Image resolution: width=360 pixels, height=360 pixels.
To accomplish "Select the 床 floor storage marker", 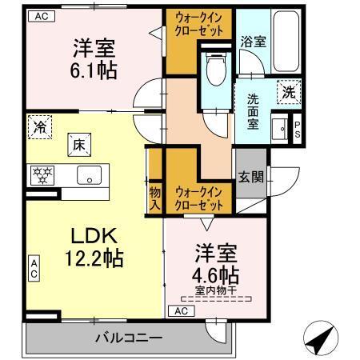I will click(79, 146).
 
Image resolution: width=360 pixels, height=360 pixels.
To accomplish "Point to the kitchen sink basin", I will click(86, 174).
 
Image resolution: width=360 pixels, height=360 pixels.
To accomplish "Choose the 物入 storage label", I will click(154, 198).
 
